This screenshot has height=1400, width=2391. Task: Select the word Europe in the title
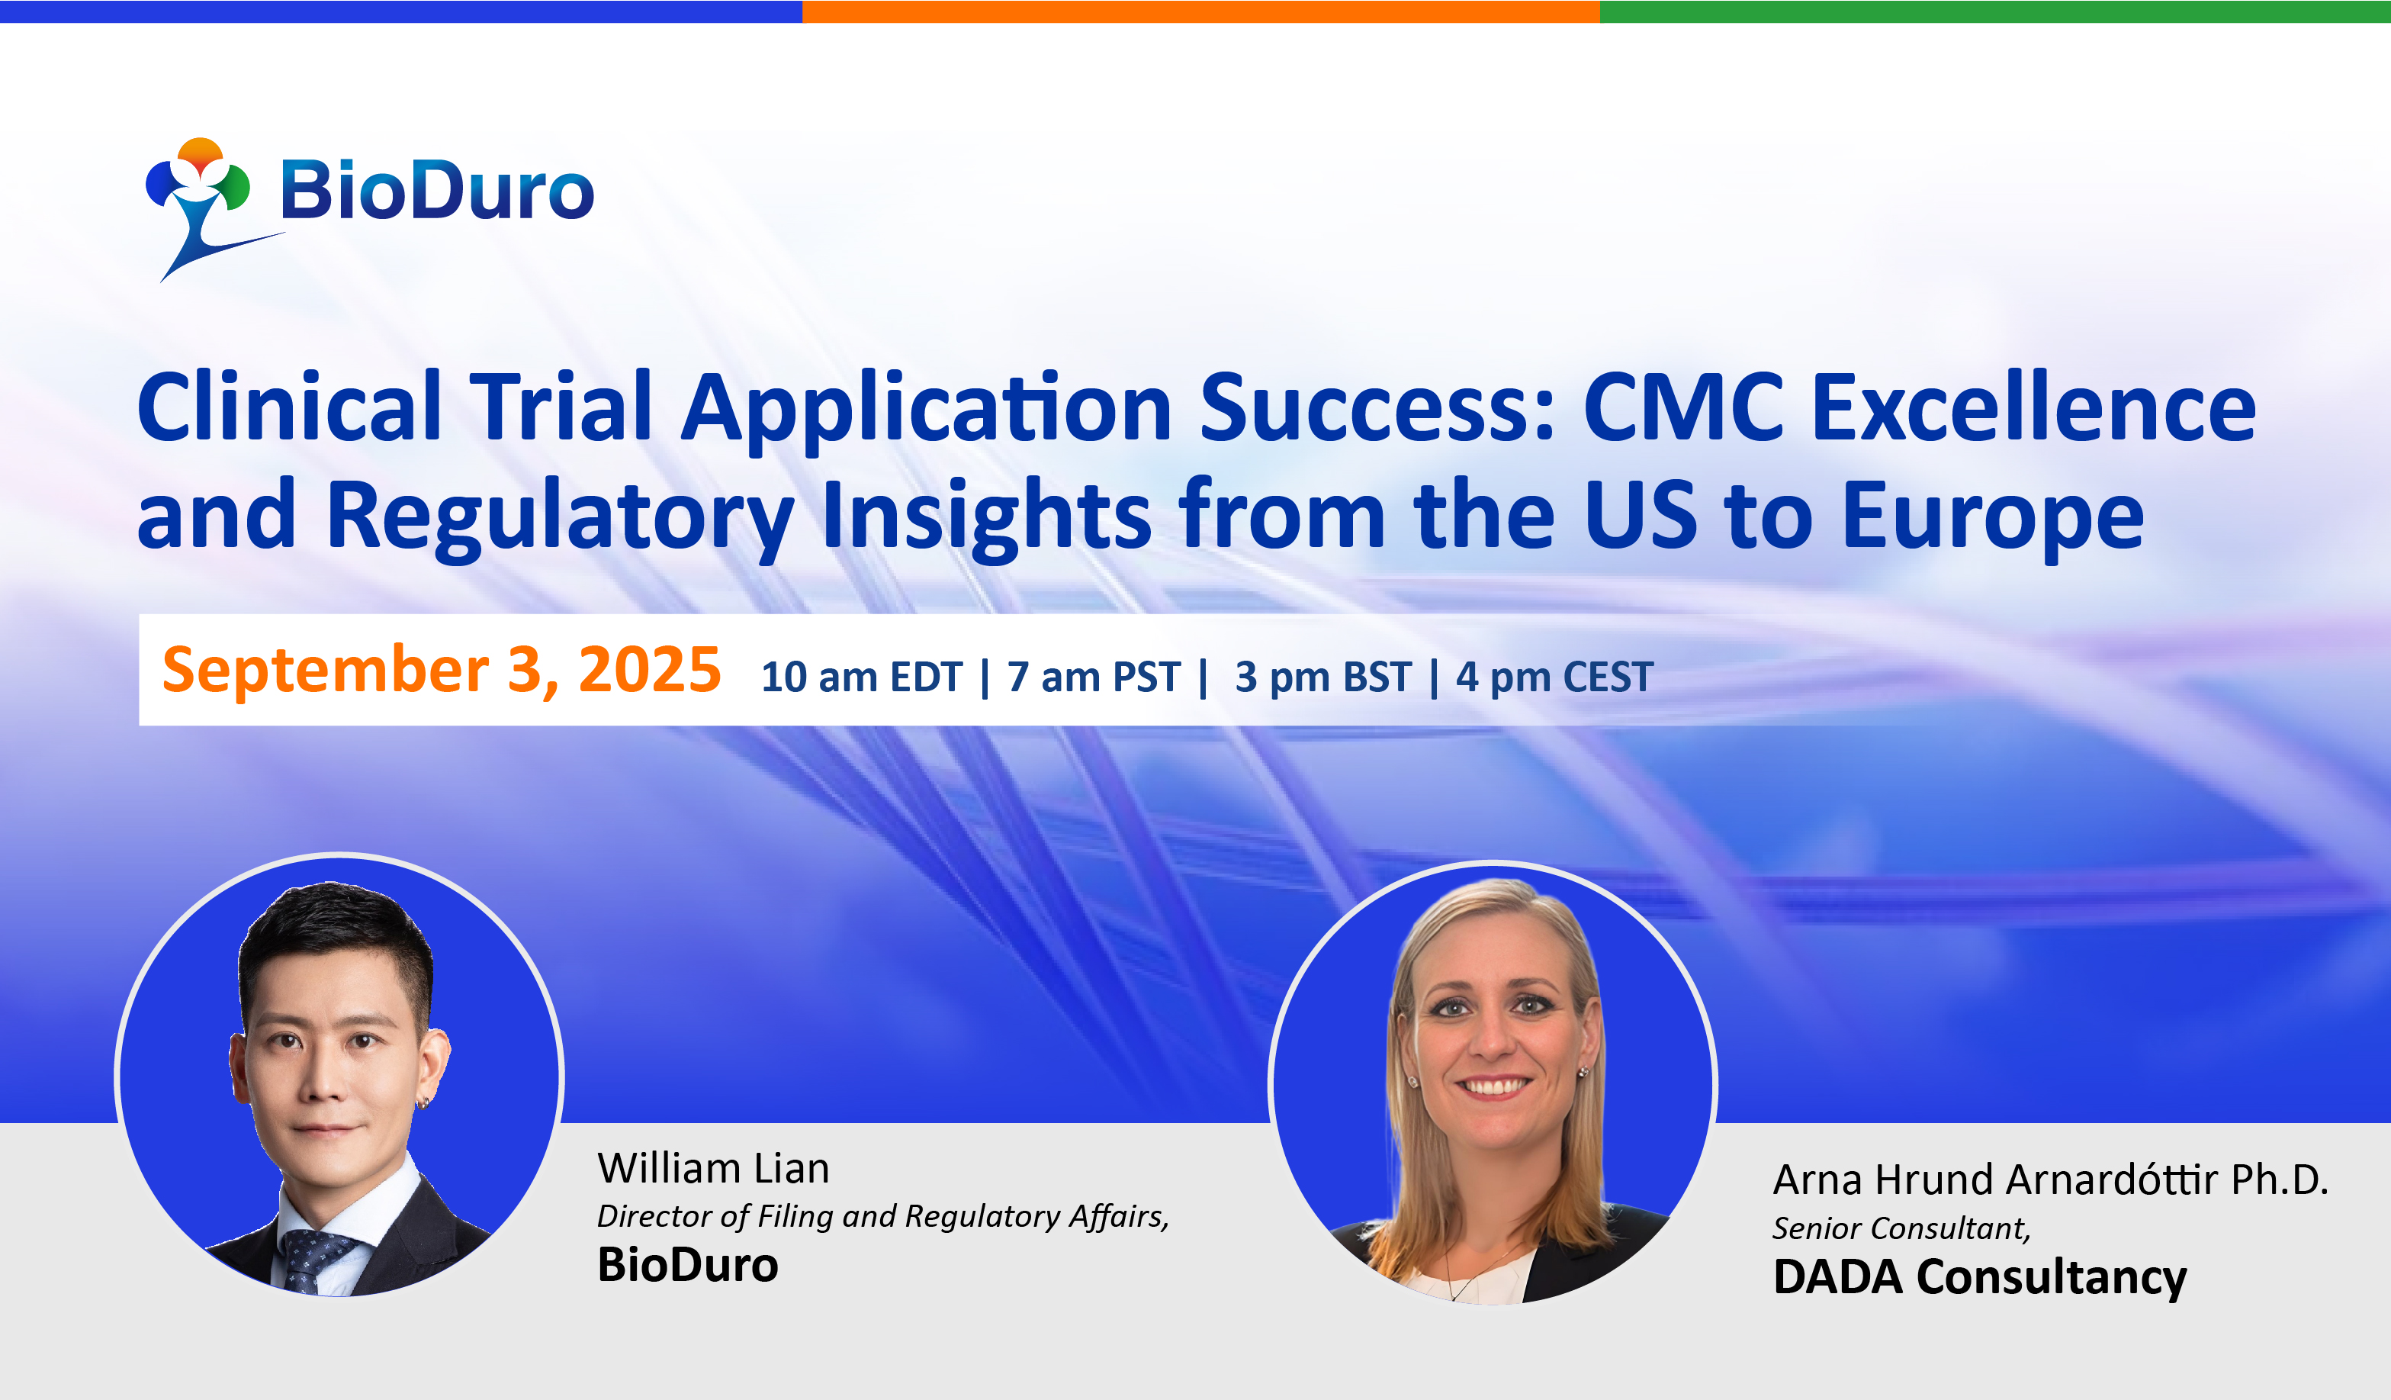(1992, 517)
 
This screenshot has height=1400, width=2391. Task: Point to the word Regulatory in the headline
(560, 517)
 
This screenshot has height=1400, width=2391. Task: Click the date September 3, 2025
(441, 670)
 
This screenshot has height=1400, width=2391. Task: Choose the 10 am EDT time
(862, 677)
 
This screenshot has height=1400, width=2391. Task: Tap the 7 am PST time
(1094, 677)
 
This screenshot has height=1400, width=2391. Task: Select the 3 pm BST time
(1322, 677)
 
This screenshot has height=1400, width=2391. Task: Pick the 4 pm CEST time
(1555, 677)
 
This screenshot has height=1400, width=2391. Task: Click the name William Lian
(714, 1168)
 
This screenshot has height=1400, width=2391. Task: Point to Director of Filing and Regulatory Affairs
(883, 1217)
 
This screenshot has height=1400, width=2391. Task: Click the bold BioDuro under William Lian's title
(688, 1265)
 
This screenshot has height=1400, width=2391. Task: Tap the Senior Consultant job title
(1901, 1228)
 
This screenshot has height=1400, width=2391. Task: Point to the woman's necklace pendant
(1451, 1295)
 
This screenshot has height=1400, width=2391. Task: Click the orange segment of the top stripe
(1201, 11)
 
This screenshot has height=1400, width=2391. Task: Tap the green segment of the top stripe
(1995, 11)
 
